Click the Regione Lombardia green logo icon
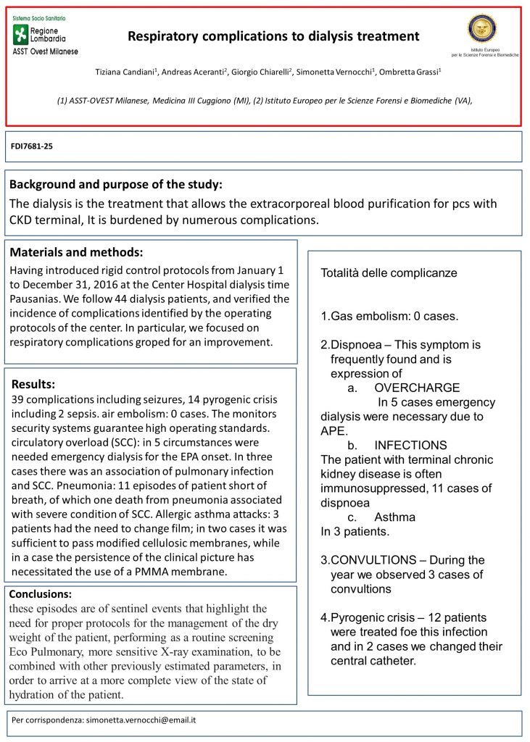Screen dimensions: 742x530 (20, 34)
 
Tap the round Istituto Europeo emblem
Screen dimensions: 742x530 (481, 28)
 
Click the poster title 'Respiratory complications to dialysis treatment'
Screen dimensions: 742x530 (273, 36)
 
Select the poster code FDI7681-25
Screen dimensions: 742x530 (32, 146)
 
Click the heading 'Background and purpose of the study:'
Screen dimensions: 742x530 (116, 184)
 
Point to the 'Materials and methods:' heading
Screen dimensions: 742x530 (76, 252)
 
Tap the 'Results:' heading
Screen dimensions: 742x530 (33, 383)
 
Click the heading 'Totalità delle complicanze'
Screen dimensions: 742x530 (389, 273)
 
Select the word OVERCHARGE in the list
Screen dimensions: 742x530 (417, 388)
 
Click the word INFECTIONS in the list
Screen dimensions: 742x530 (410, 445)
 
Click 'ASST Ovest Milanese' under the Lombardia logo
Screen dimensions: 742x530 (45, 51)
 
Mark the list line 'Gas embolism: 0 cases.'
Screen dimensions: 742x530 (389, 317)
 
